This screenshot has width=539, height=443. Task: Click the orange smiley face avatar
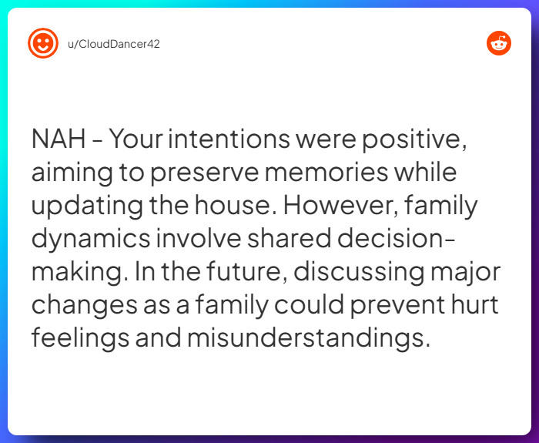tap(43, 43)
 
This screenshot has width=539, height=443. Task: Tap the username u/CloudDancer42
tap(114, 43)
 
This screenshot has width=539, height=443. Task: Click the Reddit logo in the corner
tap(499, 43)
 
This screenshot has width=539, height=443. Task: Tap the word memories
tap(322, 173)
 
